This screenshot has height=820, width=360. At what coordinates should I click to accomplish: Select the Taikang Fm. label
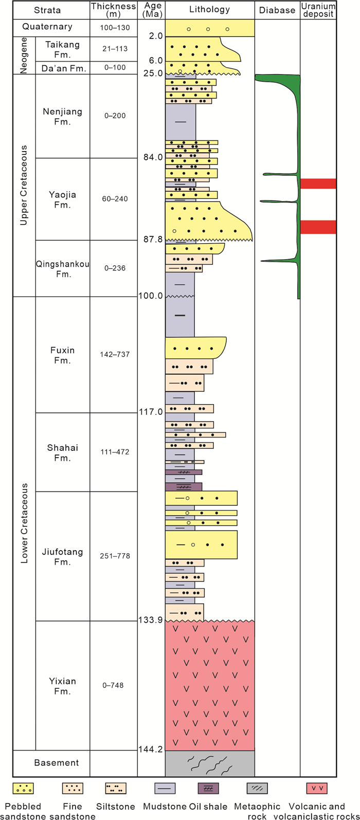[62, 49]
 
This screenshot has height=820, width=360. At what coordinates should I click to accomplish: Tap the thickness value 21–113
[113, 49]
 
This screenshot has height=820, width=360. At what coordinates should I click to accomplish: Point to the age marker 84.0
[153, 157]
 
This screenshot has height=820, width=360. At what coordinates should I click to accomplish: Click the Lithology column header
[209, 10]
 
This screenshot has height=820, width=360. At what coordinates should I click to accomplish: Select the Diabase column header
[277, 10]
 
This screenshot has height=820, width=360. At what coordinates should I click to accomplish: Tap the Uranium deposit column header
[318, 10]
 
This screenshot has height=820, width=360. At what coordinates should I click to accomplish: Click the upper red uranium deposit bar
[318, 184]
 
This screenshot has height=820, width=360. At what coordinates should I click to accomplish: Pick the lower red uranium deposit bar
[318, 227]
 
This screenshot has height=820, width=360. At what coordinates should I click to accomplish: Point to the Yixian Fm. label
[63, 686]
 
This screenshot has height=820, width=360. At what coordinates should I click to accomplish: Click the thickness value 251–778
[113, 556]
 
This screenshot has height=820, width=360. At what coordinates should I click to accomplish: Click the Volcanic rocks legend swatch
[317, 788]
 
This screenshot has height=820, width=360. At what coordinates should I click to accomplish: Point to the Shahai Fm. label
[63, 452]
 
